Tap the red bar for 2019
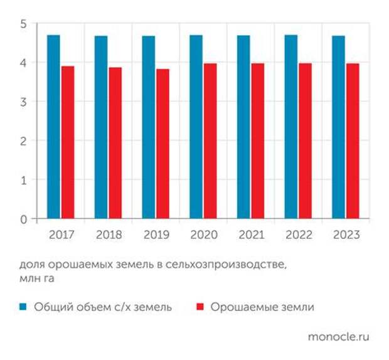point(163,144)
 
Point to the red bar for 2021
point(257,141)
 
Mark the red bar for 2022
point(305,141)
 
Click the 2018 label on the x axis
point(108,235)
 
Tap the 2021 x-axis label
point(250,235)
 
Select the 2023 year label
point(346,235)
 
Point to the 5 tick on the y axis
point(24,24)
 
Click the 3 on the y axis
point(24,102)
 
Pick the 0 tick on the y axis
point(24,219)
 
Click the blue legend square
point(23,307)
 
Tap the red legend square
point(201,307)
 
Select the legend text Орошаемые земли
point(262,307)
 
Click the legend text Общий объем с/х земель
point(103,307)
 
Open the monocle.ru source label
point(338,337)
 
